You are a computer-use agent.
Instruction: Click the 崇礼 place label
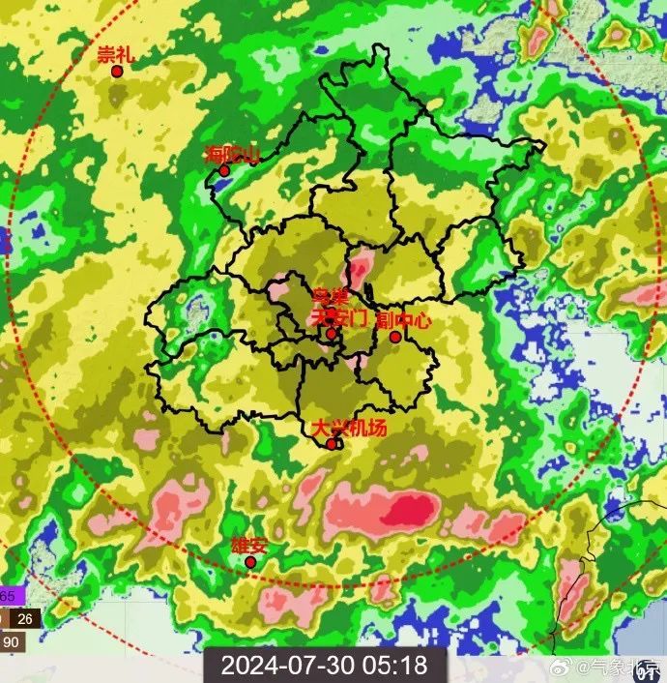pyautogui.click(x=115, y=54)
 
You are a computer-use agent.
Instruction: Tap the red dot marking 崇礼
pyautogui.click(x=117, y=71)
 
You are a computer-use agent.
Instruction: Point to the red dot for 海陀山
pyautogui.click(x=224, y=171)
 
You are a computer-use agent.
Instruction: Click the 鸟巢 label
pyautogui.click(x=330, y=296)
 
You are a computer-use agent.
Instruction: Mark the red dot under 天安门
pyautogui.click(x=331, y=334)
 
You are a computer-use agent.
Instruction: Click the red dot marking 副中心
pyautogui.click(x=395, y=337)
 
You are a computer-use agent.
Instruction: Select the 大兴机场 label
pyautogui.click(x=349, y=427)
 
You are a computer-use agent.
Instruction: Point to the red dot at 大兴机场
pyautogui.click(x=332, y=444)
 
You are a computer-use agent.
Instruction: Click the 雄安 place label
pyautogui.click(x=248, y=545)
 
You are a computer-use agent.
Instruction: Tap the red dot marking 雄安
pyautogui.click(x=250, y=562)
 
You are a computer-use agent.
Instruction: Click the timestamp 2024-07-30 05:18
pyautogui.click(x=324, y=666)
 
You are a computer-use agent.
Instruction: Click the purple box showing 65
pyautogui.click(x=8, y=595)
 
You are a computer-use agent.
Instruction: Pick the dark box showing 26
pyautogui.click(x=24, y=619)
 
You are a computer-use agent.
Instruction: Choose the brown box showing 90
pyautogui.click(x=12, y=641)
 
